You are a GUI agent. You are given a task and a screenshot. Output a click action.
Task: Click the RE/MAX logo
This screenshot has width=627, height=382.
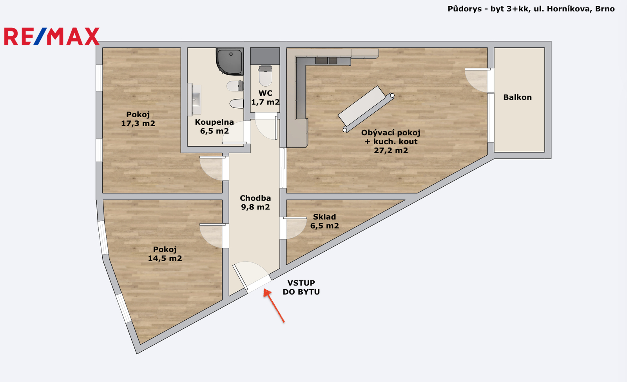tap(52, 36)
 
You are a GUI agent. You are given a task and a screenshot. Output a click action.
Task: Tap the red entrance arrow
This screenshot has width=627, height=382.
tap(274, 306)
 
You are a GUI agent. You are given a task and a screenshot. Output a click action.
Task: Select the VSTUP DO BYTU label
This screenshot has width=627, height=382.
tap(301, 287)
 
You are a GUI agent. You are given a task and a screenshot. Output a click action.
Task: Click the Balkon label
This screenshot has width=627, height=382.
tap(517, 97)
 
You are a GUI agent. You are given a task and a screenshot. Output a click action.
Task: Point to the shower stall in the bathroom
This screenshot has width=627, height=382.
tap(230, 61)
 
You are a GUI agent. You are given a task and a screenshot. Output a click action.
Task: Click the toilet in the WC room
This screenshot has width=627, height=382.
tap(265, 76)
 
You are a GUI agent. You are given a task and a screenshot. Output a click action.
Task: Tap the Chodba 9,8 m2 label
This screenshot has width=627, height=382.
tap(255, 202)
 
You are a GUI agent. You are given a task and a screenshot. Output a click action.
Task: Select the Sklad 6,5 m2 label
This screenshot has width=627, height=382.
tap(324, 221)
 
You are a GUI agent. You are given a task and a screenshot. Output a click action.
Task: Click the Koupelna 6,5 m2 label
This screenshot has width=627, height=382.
tap(214, 126)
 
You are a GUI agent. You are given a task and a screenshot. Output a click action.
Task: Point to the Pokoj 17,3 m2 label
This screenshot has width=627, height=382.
tap(138, 119)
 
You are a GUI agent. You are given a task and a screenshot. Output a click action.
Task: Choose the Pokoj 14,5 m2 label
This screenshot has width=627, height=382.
tap(165, 254)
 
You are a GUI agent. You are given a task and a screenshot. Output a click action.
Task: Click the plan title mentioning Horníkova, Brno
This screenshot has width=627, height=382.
tap(531, 9)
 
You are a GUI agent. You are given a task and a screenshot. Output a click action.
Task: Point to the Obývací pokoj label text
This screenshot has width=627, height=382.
tap(391, 133)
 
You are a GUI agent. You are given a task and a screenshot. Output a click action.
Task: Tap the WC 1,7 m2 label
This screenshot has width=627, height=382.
tap(265, 97)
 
